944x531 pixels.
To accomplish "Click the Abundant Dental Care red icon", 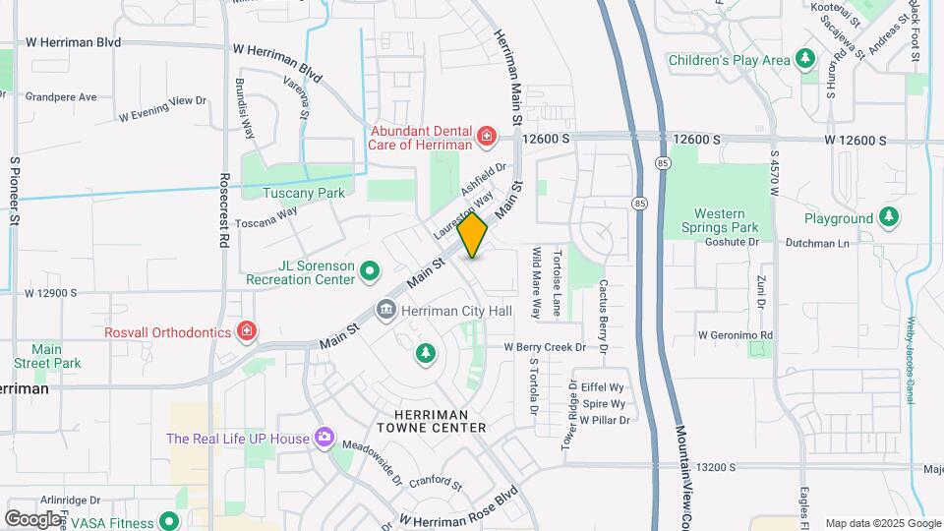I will (486, 136).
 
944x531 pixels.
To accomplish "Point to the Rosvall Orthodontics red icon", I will (247, 331).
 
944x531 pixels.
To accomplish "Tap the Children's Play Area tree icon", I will (805, 60).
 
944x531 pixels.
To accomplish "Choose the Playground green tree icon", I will (889, 217).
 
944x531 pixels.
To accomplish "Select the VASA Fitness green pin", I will (168, 520).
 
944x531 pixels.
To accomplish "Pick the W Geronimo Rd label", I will (736, 334).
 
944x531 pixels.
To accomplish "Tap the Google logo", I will (32, 518).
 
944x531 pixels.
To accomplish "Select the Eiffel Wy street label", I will (603, 387).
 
